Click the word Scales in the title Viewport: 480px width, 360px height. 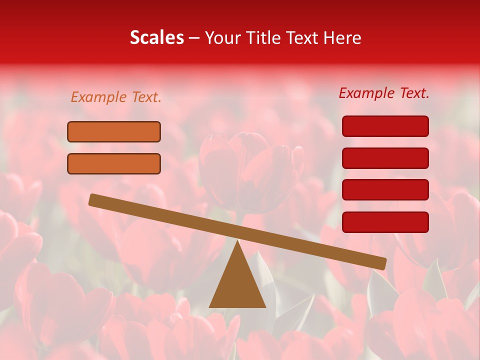click(156, 38)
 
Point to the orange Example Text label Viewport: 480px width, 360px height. click(116, 97)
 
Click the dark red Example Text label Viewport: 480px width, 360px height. click(384, 93)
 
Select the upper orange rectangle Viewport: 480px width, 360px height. click(114, 131)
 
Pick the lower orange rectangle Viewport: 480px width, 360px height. click(114, 163)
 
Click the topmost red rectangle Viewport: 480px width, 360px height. click(385, 126)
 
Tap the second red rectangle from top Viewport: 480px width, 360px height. click(385, 158)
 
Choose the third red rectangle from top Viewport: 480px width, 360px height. click(385, 190)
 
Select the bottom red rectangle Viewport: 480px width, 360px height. click(385, 222)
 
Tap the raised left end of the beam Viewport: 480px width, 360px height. click(93, 199)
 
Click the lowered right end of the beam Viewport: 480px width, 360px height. click(382, 263)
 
